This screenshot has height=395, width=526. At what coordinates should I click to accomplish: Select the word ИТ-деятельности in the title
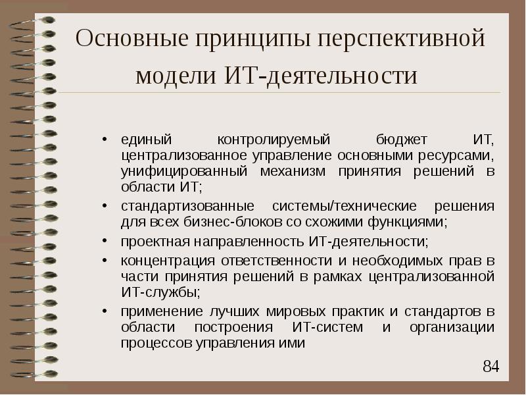[341, 74]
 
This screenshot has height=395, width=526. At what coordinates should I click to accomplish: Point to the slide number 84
[491, 366]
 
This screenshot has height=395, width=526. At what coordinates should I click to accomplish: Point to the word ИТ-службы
[158, 292]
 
